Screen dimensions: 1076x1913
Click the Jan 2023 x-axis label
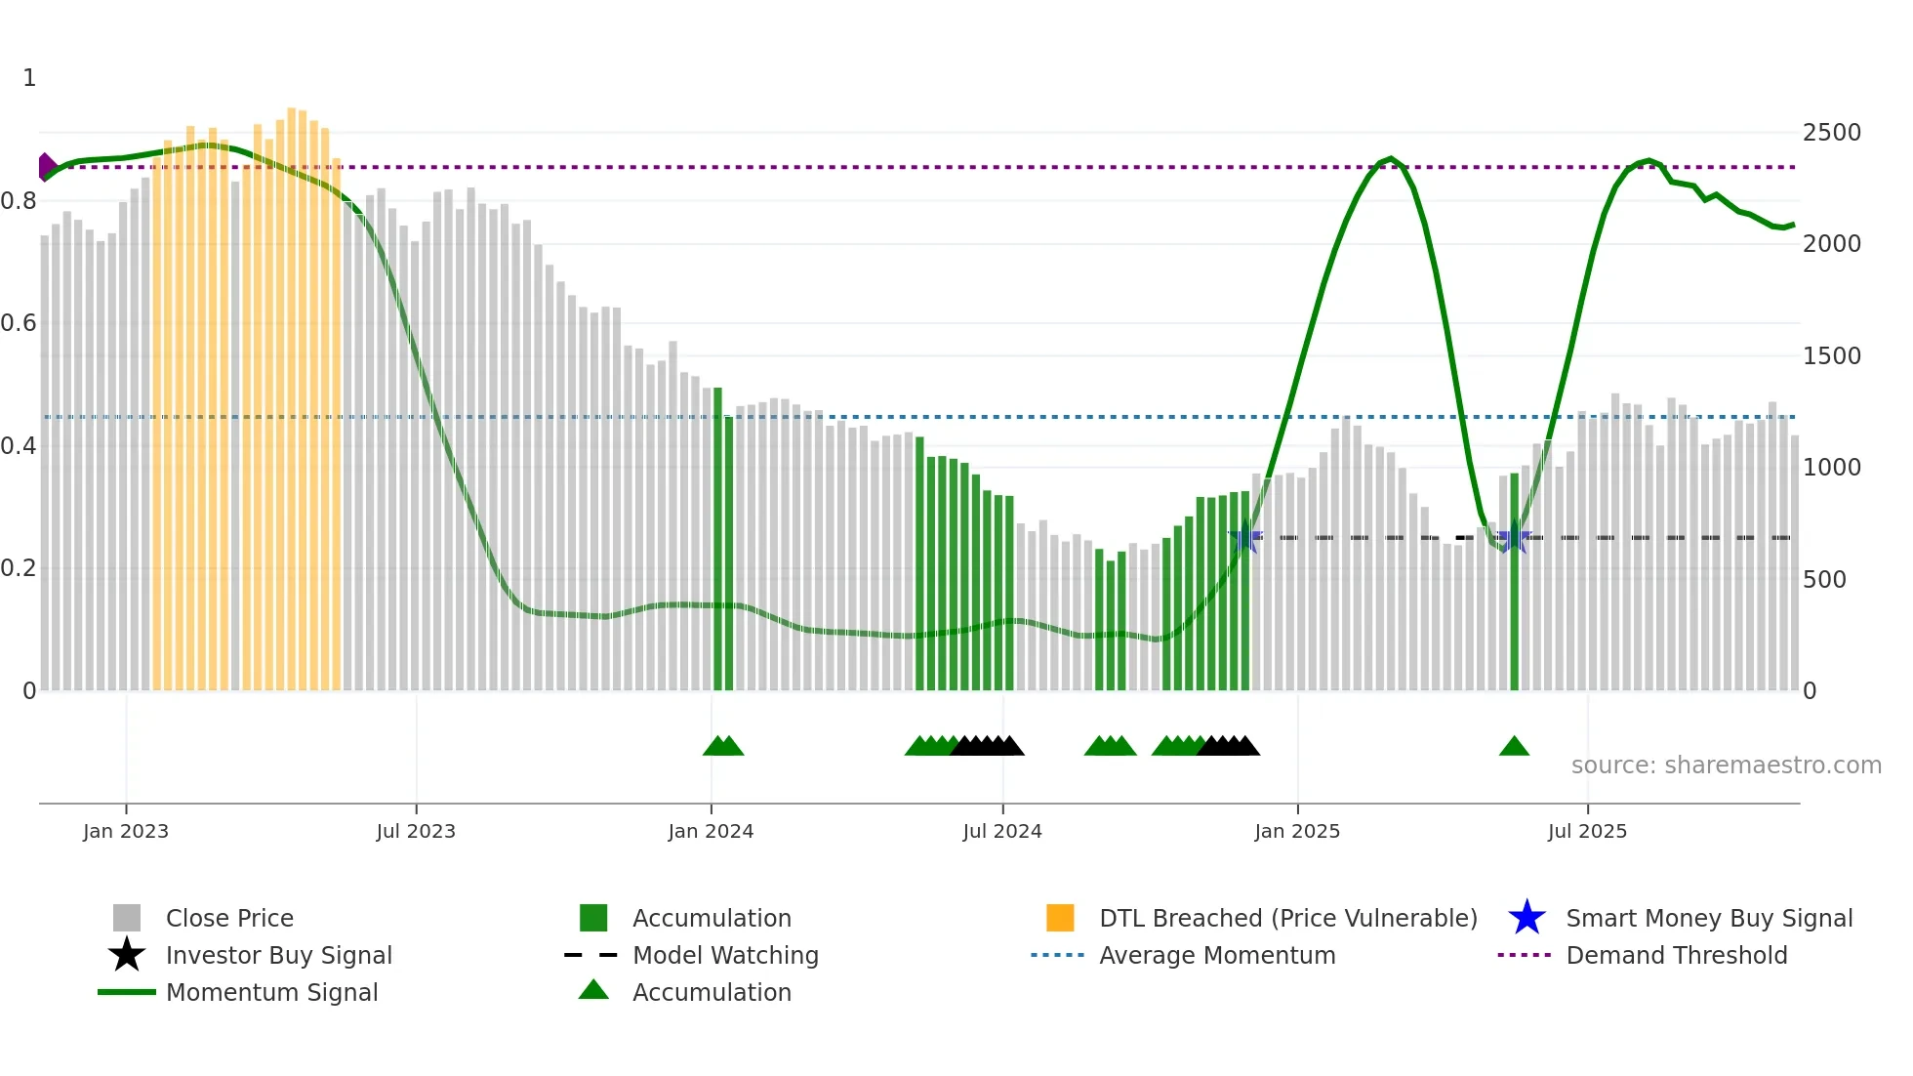coord(126,831)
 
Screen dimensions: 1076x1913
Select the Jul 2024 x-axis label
coord(1002,831)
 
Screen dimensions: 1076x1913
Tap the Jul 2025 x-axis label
coord(1587,831)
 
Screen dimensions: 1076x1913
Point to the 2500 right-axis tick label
coord(1831,133)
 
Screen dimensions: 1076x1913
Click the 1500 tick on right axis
coord(1831,356)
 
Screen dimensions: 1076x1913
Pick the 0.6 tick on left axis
coord(19,323)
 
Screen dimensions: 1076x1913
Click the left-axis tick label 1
coord(29,78)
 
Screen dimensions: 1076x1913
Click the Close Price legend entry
coord(229,918)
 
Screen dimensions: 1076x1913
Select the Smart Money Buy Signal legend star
coord(1526,918)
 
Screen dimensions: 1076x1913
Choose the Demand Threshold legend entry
coord(1676,955)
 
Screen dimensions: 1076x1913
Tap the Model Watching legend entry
coord(725,955)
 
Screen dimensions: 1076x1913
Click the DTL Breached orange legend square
coord(1060,918)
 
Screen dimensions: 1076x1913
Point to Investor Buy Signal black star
coord(127,955)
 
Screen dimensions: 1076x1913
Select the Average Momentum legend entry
coord(1217,955)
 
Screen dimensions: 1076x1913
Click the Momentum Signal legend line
coord(127,992)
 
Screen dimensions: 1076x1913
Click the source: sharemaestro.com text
coord(1726,766)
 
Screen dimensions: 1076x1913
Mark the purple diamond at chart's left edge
coord(46,167)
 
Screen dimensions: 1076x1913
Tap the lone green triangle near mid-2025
coord(1514,747)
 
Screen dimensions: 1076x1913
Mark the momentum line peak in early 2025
coord(1391,158)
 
